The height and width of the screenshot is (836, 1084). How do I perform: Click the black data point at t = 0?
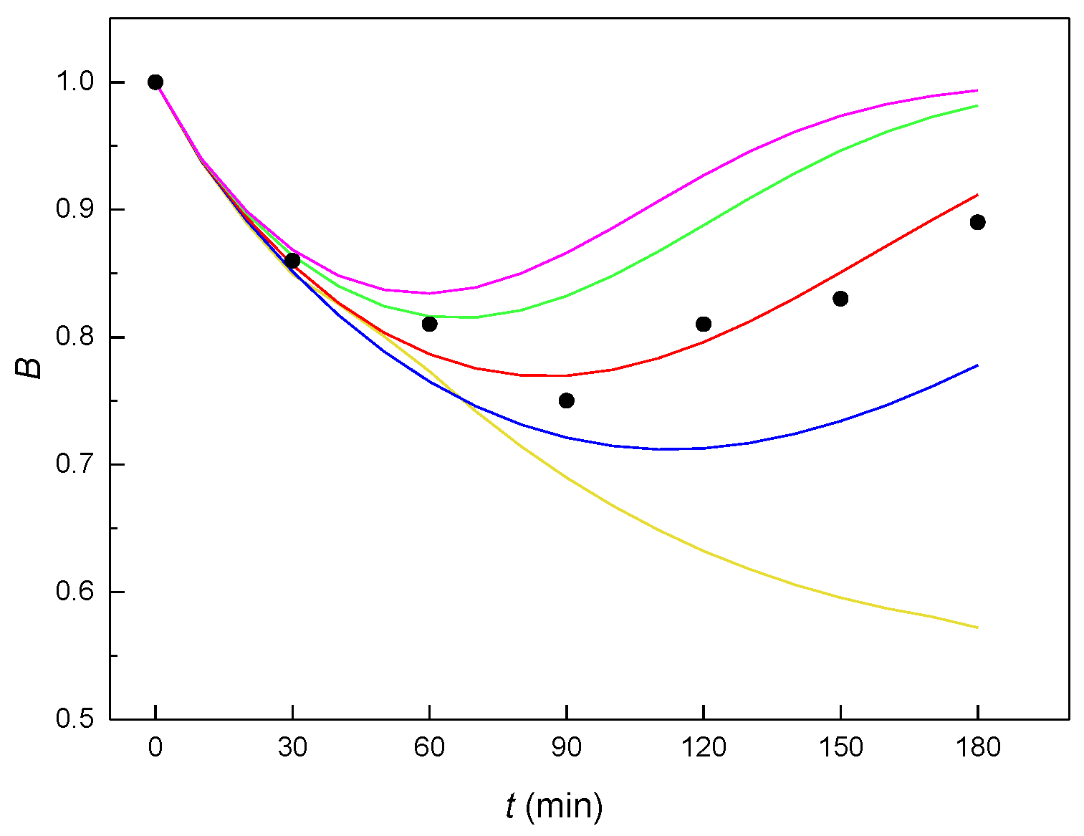pos(155,82)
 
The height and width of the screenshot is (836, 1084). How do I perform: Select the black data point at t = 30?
pos(292,260)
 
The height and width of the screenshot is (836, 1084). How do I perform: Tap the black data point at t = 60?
pos(429,324)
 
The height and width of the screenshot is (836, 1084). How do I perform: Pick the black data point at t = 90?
pos(566,400)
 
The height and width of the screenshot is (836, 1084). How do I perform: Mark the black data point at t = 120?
pos(704,324)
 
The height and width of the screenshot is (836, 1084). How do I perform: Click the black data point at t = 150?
pos(840,299)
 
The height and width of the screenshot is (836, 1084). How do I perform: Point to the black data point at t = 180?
pos(977,222)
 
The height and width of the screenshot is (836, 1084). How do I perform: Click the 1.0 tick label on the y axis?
pos(75,82)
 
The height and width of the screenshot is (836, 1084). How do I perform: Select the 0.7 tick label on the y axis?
pos(75,464)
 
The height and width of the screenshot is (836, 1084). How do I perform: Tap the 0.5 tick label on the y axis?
pos(75,719)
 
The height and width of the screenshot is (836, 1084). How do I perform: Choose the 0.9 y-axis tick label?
pos(75,209)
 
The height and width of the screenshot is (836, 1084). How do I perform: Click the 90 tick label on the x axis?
pos(566,748)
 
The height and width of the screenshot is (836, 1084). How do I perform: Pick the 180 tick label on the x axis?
pos(977,748)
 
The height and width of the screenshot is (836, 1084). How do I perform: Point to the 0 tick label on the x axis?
pos(155,748)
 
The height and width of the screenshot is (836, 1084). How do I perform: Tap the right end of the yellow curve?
pos(977,628)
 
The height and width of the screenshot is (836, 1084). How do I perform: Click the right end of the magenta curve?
pos(977,90)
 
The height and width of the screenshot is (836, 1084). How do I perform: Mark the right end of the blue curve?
pos(977,365)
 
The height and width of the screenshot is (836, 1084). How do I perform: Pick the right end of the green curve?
pos(977,105)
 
